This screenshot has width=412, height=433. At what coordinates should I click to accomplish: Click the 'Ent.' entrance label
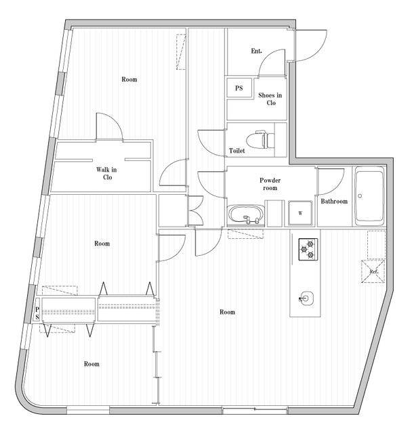[257, 51]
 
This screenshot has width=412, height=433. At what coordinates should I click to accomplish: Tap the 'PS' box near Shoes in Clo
[239, 89]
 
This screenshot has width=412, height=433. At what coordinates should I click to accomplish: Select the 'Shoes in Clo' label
[270, 99]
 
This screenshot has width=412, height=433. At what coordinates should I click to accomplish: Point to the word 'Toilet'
[237, 152]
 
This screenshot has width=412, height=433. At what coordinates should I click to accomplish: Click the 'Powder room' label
[270, 185]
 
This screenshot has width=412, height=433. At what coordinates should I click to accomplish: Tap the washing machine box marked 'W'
[299, 213]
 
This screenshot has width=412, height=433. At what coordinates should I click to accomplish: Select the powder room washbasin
[246, 215]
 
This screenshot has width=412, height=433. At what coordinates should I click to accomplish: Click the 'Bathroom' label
[334, 202]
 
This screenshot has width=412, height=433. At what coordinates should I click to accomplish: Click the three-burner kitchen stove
[307, 249]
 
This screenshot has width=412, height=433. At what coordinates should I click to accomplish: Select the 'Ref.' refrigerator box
[374, 272]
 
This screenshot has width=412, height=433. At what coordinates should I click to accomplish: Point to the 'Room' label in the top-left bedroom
[129, 80]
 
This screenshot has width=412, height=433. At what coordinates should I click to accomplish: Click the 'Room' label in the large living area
[227, 312]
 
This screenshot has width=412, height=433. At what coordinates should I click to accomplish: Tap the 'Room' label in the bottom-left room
[91, 364]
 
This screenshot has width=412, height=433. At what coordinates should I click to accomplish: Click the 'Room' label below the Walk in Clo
[102, 244]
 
